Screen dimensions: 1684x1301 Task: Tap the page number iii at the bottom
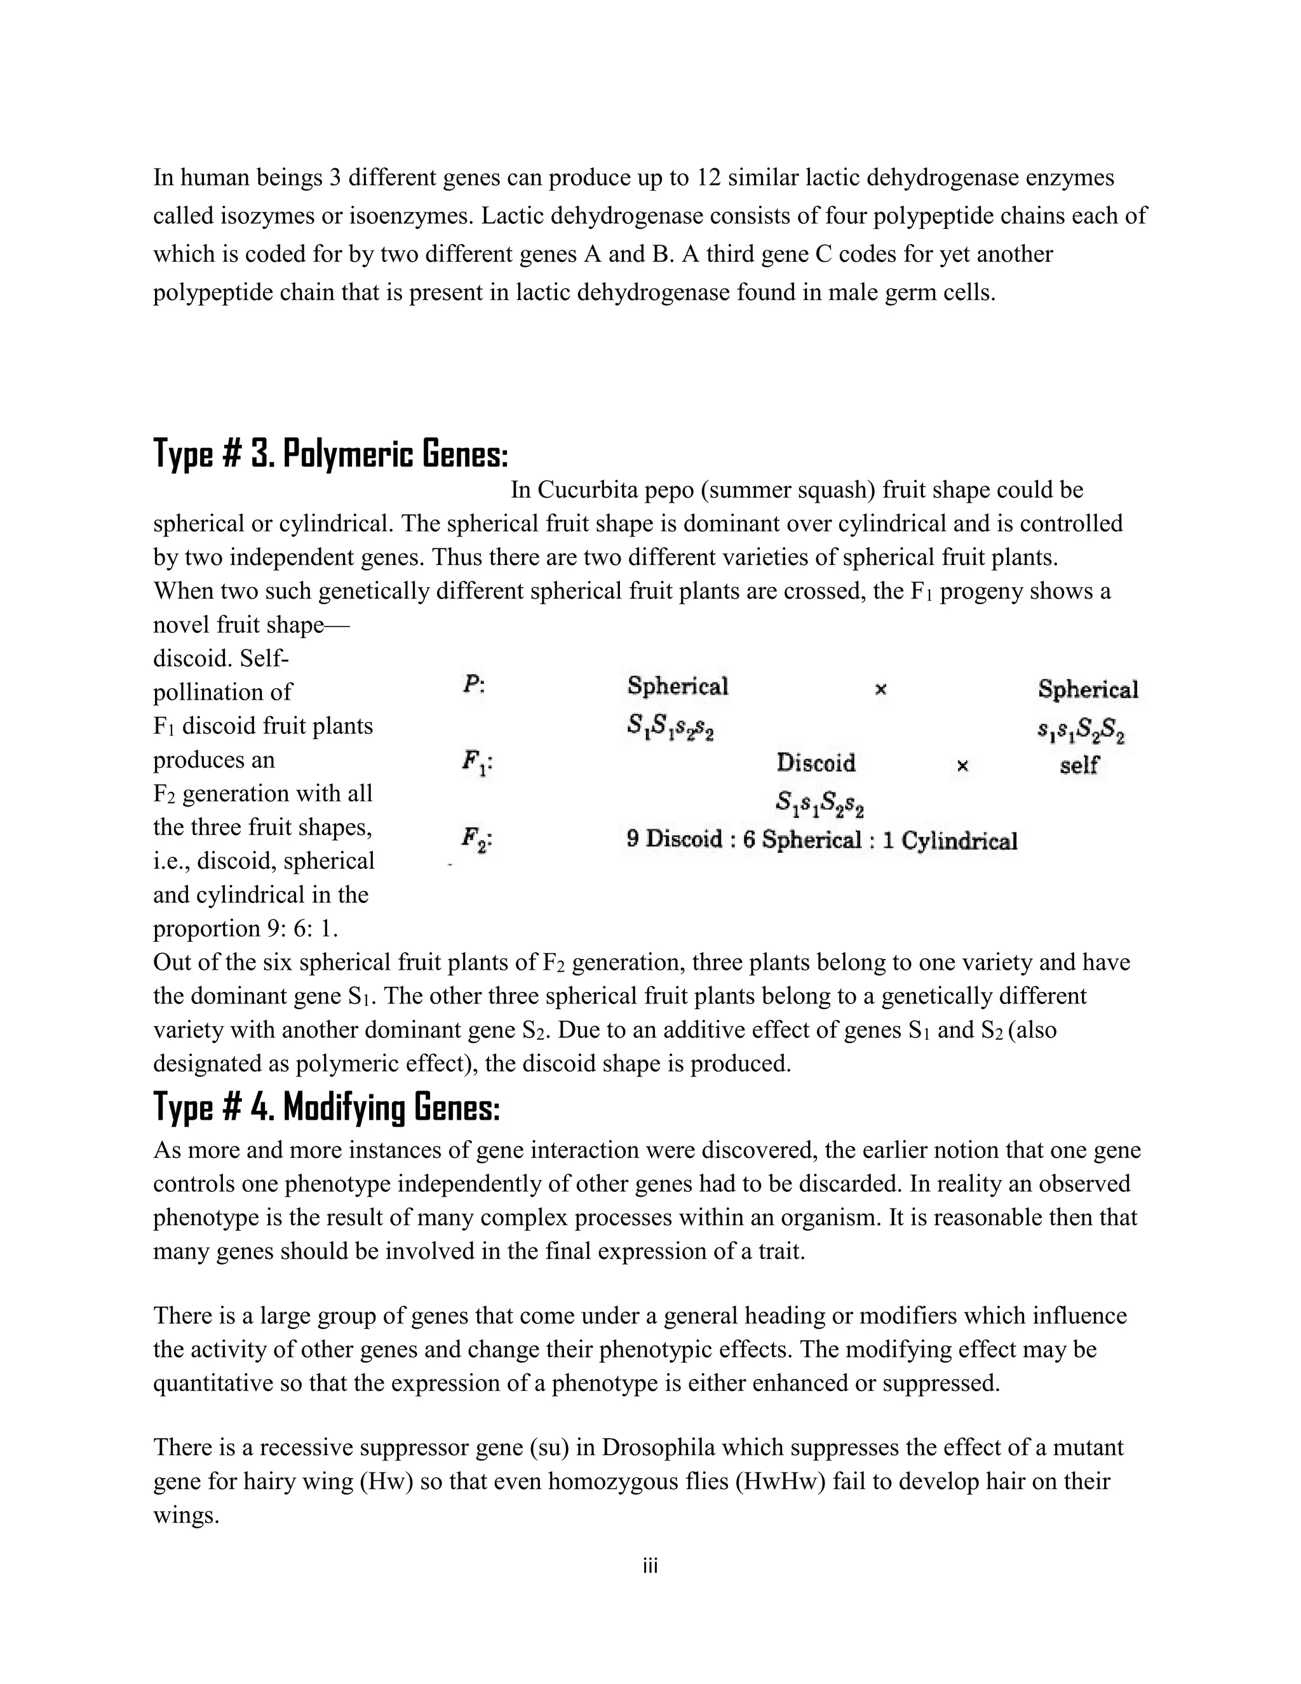coord(650,1566)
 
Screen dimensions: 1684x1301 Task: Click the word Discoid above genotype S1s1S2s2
coord(816,763)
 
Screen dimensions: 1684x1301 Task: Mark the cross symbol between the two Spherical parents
coord(881,689)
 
